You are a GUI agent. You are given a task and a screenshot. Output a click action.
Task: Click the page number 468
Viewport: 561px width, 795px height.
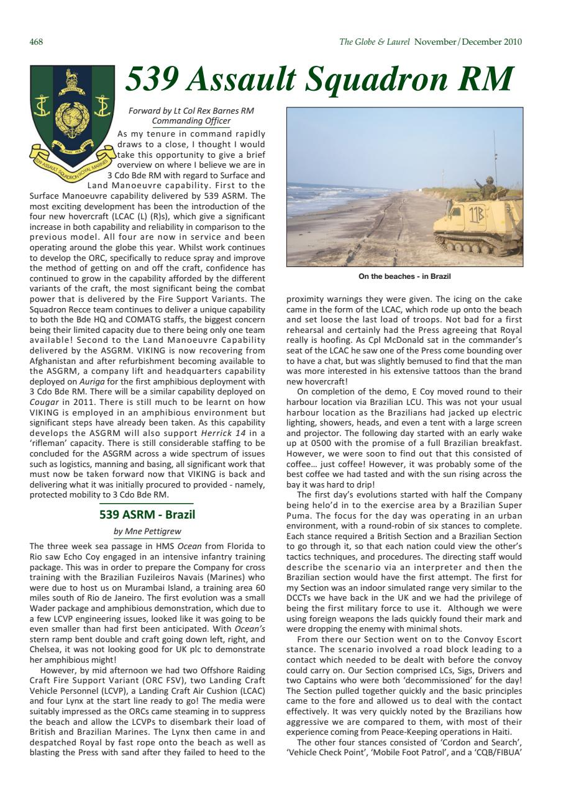(x=36, y=42)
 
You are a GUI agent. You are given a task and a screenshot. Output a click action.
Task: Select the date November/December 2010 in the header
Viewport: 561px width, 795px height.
(x=468, y=42)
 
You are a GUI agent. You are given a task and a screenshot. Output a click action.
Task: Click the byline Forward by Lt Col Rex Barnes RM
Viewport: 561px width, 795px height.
(x=191, y=111)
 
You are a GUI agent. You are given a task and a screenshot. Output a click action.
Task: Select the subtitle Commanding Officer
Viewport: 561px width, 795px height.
(x=194, y=121)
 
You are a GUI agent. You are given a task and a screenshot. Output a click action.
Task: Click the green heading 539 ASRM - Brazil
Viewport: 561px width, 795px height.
(x=147, y=515)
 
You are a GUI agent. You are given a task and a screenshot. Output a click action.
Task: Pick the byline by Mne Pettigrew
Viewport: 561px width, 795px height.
(x=148, y=532)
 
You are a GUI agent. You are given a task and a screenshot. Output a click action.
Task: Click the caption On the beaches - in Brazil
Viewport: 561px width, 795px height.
(x=404, y=276)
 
